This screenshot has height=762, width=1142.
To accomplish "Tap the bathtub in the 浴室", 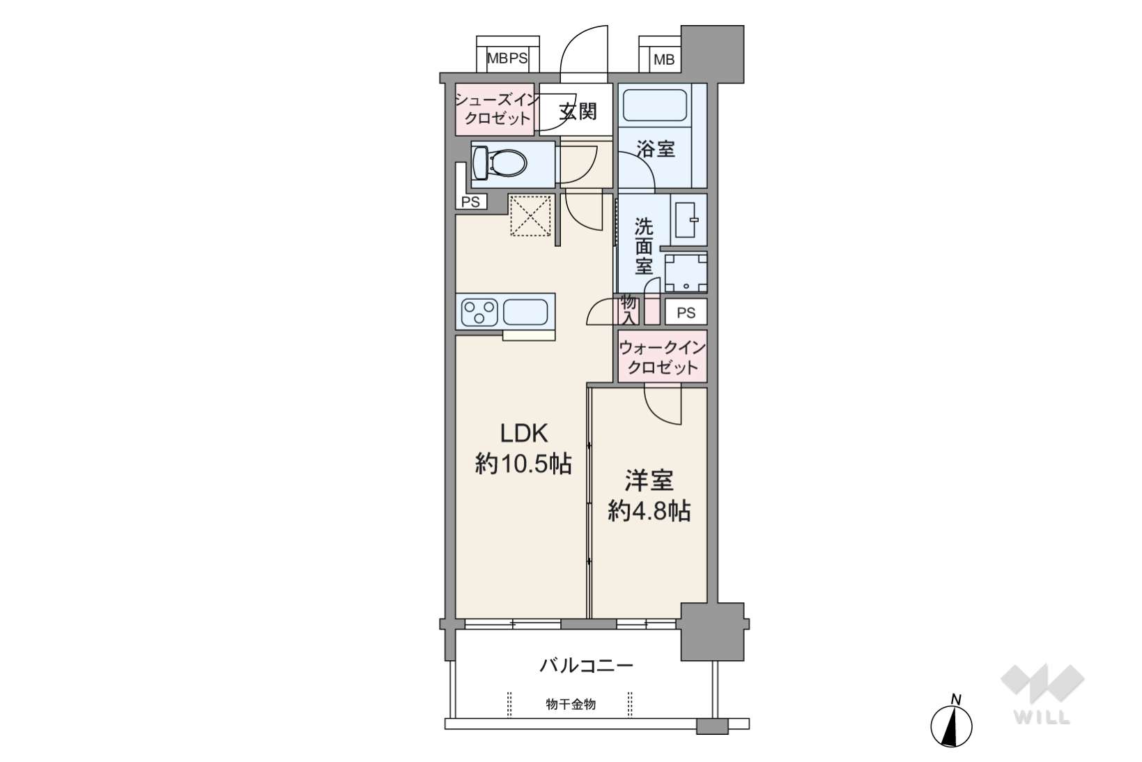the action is point(654,105).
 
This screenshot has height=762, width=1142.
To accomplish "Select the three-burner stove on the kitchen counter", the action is point(480,312).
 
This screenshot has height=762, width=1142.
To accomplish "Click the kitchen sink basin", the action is point(525,312).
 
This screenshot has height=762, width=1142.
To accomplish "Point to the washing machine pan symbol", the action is point(686,272).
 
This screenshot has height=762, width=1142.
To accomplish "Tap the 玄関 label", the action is point(578,111).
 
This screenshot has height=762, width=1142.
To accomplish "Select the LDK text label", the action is point(524,434).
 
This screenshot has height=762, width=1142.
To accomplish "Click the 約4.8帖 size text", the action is point(649,511).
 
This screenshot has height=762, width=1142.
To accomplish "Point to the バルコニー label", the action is point(586,666).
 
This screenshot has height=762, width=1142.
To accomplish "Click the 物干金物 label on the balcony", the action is point(571,704).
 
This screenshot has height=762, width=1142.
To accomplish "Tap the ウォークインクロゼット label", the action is point(662,357).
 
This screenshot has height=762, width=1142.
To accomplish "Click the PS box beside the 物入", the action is point(686,312).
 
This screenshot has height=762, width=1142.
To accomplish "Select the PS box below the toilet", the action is point(470,202).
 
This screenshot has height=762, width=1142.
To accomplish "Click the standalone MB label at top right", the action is point(664,60).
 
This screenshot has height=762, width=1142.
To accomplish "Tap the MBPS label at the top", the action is point(507,58).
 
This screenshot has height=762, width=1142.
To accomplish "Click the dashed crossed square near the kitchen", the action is point(531,215).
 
